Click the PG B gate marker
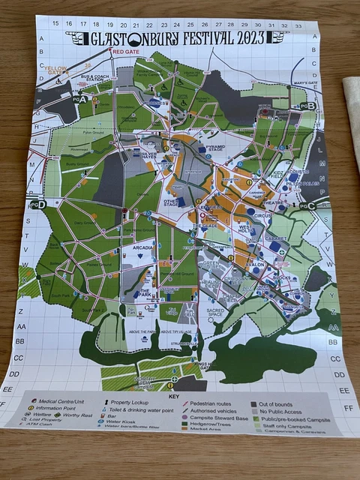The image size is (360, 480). click(x=307, y=106)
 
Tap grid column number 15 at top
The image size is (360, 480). click(x=55, y=24)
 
